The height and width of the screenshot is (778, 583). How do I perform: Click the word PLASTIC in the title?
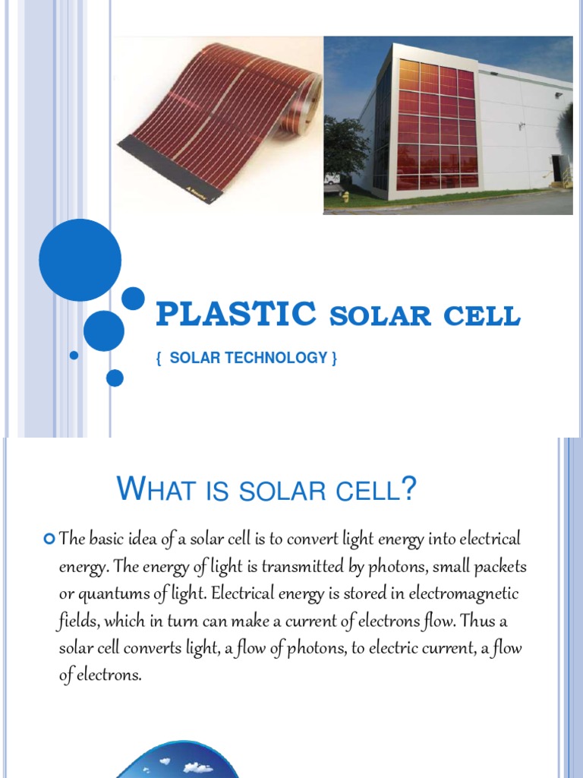point(236,315)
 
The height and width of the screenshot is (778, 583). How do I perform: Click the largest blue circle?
point(80,260)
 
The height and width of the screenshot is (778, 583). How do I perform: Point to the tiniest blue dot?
point(74,355)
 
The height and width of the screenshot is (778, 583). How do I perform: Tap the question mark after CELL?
point(410,489)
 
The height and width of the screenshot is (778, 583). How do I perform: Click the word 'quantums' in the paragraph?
point(112,594)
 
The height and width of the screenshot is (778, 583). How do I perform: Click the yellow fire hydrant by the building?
point(345,197)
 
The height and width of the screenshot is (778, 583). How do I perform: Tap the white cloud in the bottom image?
point(198,768)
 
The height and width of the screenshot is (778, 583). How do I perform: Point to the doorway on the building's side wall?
point(558,169)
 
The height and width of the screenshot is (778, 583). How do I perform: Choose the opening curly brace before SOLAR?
point(159,358)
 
